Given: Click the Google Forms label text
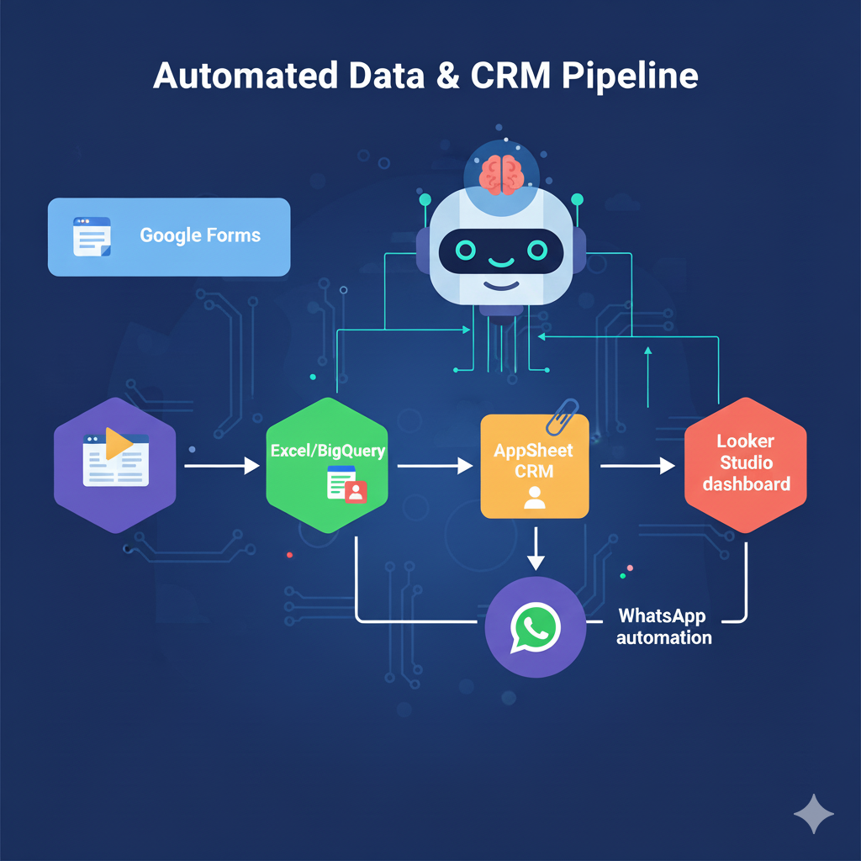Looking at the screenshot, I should point(200,235).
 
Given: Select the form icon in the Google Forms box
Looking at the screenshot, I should point(92,236).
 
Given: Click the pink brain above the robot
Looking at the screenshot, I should point(501,173).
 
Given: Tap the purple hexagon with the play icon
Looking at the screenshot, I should point(115,465).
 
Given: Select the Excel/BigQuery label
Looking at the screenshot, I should point(327,451).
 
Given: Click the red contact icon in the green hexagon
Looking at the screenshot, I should point(356,491).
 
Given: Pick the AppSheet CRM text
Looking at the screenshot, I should point(534,460).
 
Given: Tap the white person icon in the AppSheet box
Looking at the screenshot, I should point(534,498).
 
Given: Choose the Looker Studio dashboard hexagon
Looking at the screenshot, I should point(745,465).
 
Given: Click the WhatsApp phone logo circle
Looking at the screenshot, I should point(535,626).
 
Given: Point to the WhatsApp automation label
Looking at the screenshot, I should point(663,626).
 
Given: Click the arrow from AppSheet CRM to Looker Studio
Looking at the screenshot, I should point(638,465).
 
